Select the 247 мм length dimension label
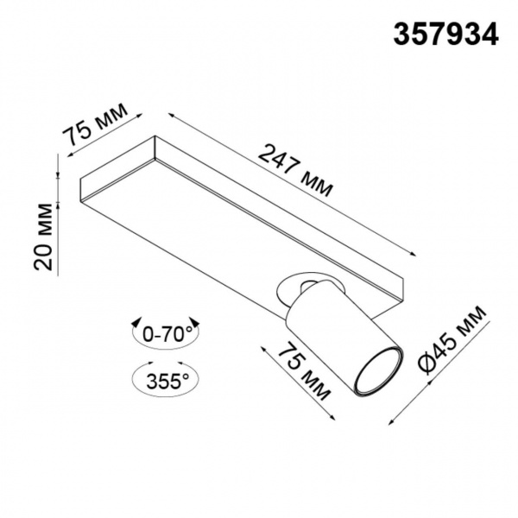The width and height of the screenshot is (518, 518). click(x=295, y=170)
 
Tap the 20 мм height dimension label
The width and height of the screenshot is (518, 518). click(x=43, y=237)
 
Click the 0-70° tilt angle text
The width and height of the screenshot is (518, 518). click(x=167, y=334)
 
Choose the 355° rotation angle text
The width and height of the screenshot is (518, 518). click(x=167, y=381)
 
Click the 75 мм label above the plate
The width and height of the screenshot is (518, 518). click(x=95, y=124)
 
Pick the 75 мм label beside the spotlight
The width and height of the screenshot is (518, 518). click(x=304, y=371)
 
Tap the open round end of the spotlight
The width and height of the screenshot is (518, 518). click(x=379, y=370)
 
